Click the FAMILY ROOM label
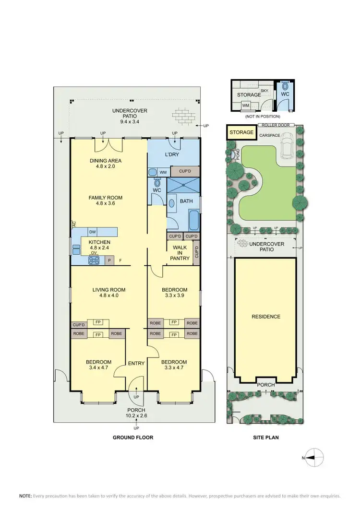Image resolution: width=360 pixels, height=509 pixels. tap(108, 198)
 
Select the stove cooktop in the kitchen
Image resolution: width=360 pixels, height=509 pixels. tap(94, 260)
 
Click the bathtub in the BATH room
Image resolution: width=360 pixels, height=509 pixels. tap(193, 220)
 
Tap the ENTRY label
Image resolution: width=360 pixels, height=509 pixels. tap(136, 363)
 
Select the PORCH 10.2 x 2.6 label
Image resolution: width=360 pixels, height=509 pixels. tap(136, 413)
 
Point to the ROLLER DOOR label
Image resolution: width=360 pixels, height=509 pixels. tap(274, 125)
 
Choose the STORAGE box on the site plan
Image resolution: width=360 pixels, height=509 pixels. tap(241, 132)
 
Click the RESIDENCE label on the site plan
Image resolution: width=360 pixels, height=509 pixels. tap(266, 317)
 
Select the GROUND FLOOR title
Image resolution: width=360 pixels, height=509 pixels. tap(133, 438)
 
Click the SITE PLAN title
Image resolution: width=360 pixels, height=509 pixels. tap(266, 438)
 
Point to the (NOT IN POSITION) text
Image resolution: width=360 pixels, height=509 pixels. tap(262, 116)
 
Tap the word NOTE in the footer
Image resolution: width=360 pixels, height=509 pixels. tap(25, 496)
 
